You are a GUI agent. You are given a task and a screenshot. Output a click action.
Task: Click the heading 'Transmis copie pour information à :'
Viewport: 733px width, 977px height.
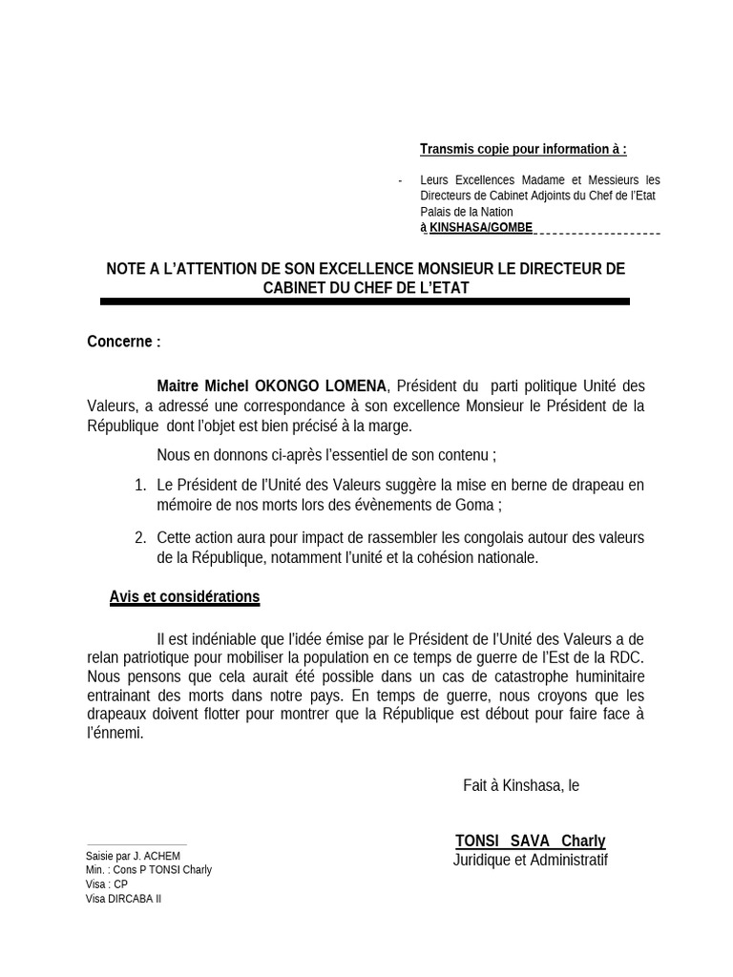point(523,149)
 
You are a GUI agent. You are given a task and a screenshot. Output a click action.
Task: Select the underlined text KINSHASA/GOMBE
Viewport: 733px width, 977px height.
point(481,228)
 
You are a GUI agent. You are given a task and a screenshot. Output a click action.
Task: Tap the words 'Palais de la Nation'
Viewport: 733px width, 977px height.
point(466,212)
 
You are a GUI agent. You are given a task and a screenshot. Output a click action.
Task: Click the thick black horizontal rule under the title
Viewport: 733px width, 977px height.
point(365,301)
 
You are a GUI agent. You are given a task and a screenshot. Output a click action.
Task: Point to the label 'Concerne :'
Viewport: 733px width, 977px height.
point(124,342)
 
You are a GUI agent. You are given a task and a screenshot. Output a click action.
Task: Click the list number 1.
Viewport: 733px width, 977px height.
point(140,486)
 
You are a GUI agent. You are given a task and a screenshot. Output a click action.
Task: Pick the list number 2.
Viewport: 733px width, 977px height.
point(140,538)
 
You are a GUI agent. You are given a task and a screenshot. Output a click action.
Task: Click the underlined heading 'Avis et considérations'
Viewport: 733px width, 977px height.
point(184,597)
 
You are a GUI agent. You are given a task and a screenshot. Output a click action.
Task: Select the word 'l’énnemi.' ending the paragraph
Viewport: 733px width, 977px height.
point(115,734)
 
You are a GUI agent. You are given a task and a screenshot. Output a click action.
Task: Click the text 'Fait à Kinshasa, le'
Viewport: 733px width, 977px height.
point(521,785)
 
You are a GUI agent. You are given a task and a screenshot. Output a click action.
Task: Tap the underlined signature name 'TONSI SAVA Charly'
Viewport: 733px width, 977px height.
point(530,842)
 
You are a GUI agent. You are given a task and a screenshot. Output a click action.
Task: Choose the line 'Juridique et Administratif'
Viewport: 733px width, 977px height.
point(530,861)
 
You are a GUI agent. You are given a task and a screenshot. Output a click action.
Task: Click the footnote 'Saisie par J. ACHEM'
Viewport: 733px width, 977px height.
point(133,856)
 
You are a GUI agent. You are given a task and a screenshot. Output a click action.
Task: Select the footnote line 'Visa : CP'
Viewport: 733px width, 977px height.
point(106,884)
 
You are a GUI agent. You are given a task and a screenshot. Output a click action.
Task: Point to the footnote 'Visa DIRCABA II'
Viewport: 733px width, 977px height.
point(123,899)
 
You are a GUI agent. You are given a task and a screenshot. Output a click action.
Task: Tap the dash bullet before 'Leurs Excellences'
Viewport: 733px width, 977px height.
point(400,180)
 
